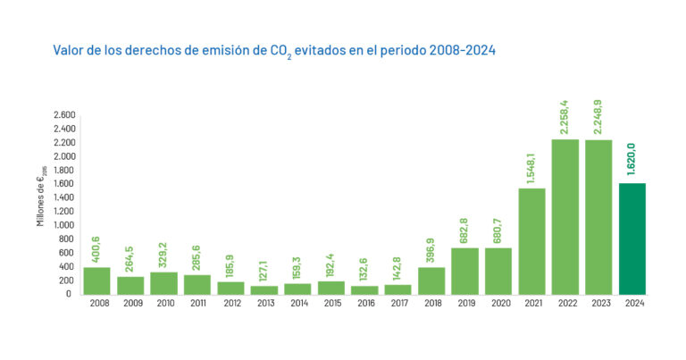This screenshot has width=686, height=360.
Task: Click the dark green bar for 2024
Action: coord(632,239)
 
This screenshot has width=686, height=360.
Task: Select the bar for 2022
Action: coord(565,216)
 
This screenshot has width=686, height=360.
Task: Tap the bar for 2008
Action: coord(96,280)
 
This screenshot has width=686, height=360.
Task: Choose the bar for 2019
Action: coord(464,271)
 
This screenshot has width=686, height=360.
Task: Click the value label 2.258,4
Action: coord(565,113)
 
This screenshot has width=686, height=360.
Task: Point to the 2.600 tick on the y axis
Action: coord(64,115)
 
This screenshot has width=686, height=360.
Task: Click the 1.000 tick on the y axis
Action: coord(64,225)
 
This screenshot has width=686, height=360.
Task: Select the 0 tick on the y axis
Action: coord(72,294)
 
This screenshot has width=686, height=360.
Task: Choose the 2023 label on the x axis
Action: coord(598,304)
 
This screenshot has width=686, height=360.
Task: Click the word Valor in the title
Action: coord(68,50)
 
